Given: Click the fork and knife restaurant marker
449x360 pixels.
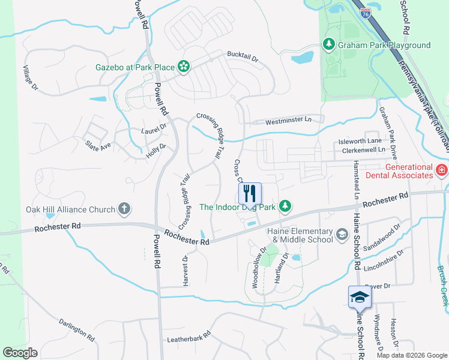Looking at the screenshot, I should coord(250,194).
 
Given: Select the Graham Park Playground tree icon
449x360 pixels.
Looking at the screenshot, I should coord(328,44).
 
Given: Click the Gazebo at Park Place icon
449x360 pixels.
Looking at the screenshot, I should coord(184,67).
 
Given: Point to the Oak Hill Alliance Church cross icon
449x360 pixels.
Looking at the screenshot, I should coord(124,209).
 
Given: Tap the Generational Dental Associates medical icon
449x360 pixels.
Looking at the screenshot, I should coord(441,170).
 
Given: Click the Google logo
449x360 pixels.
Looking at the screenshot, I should coord(20,352).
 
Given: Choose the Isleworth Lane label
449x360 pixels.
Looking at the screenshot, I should coord(360,142).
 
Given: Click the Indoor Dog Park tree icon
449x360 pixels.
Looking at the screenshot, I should coord(286,206).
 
